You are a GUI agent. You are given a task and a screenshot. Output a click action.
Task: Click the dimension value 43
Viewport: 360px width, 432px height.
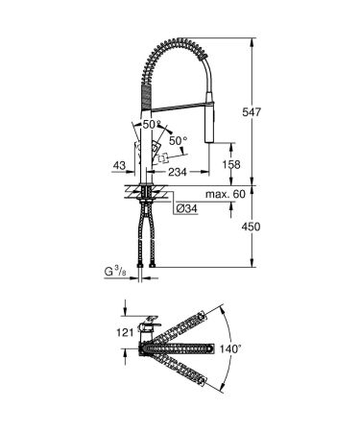click(120, 166)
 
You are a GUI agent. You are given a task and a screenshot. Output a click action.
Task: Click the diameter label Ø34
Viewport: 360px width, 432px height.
click(185, 207)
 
